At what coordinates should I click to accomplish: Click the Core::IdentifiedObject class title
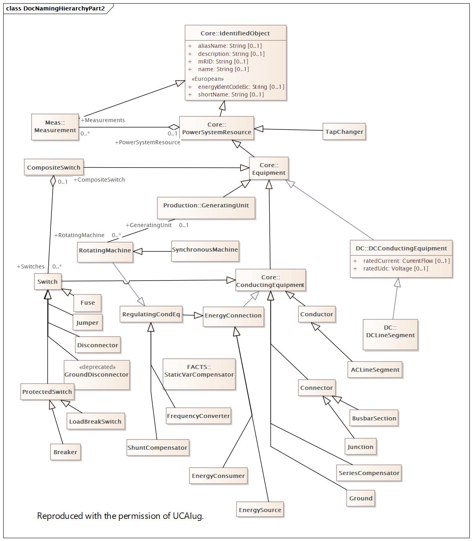(235, 33)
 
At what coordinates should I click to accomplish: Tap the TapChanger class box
(344, 132)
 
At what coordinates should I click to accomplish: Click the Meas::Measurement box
(55, 127)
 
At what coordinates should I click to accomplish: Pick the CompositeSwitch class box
(53, 168)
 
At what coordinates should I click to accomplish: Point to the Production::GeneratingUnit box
(206, 205)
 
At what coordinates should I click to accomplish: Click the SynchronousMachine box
(205, 250)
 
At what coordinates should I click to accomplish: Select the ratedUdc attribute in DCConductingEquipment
(395, 268)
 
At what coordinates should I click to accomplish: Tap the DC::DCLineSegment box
(390, 332)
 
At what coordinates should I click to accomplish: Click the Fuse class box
(87, 303)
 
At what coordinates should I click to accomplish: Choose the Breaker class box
(65, 452)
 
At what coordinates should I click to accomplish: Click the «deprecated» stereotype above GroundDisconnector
(97, 367)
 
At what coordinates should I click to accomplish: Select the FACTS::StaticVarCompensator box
(199, 371)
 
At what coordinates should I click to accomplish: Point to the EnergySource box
(260, 510)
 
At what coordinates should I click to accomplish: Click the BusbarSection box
(374, 418)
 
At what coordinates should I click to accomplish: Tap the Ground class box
(360, 498)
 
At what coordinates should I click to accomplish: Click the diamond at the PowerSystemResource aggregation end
(174, 127)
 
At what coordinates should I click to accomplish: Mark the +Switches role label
(31, 266)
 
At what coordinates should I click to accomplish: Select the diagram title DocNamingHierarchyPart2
(64, 8)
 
